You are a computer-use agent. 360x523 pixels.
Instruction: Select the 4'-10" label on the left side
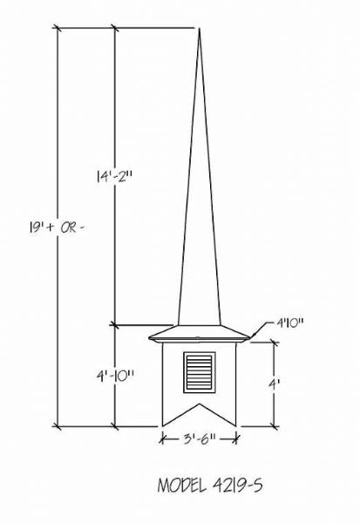pos(115,377)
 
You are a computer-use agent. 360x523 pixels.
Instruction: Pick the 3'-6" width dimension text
pos(200,440)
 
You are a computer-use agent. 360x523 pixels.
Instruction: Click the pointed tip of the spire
pos(200,29)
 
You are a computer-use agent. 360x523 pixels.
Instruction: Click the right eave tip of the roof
pos(252,337)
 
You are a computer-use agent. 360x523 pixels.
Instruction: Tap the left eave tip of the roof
pos(148,337)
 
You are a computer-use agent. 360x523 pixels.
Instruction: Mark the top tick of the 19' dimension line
pos(58,29)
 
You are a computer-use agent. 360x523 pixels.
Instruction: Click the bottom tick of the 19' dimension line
pos(58,426)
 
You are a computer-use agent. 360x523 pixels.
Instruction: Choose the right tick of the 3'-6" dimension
pos(238,440)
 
